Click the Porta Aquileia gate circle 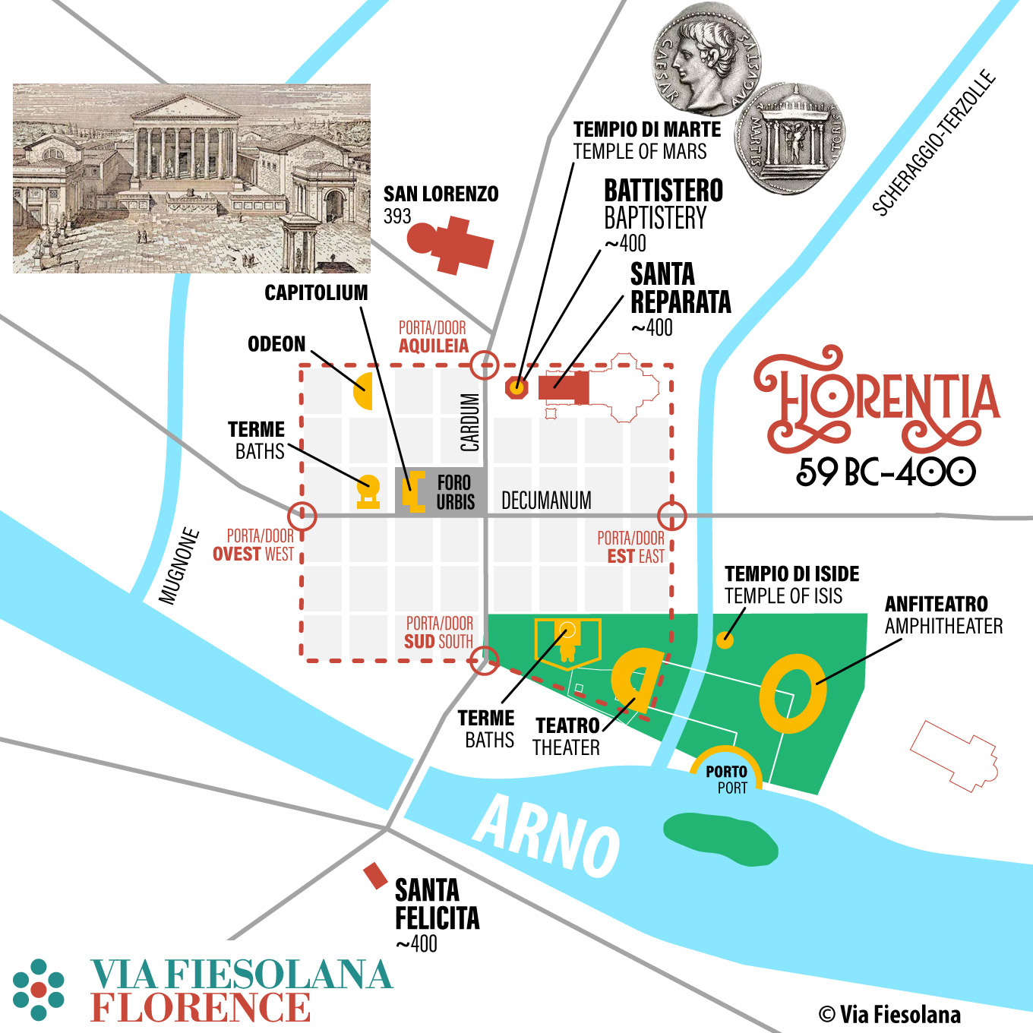coord(484,365)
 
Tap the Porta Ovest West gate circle coord(302,516)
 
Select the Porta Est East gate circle coord(671,516)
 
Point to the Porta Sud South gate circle coord(484,660)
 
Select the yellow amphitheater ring coord(792,693)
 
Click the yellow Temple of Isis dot coord(725,640)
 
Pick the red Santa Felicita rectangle coord(375,876)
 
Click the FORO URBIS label coord(455,492)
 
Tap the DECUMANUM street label coord(546,501)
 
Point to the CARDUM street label coord(470,422)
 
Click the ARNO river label coord(547,836)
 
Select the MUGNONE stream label coord(180,566)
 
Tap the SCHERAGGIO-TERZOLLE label coord(933,143)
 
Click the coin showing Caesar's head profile coord(706,58)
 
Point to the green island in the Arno coord(719,839)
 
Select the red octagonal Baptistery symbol coord(516,387)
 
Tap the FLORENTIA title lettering coord(877,399)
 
